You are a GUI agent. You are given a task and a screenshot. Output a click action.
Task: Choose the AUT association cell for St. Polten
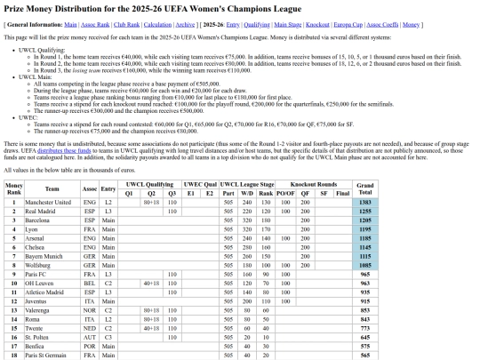[x=89, y=337]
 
